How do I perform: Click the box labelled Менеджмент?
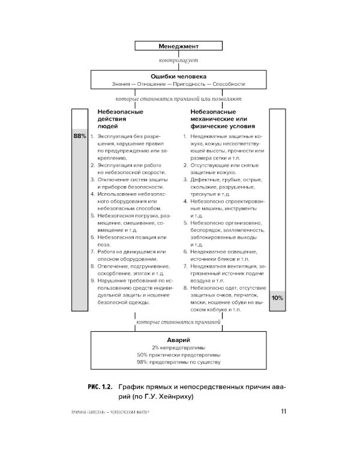(x=179, y=46)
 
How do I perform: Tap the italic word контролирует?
(x=179, y=61)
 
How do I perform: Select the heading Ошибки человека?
(x=179, y=77)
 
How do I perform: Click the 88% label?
(x=80, y=137)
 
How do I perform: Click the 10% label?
(x=277, y=298)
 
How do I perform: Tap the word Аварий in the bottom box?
(x=179, y=339)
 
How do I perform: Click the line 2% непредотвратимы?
(x=179, y=347)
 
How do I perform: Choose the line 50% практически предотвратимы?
(x=179, y=355)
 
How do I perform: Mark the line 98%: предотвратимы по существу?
(x=179, y=363)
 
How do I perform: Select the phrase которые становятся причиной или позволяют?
(x=179, y=98)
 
